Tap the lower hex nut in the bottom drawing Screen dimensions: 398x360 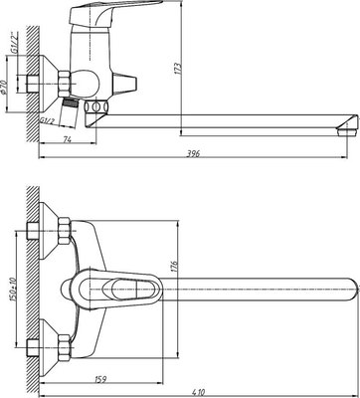point(60,351)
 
